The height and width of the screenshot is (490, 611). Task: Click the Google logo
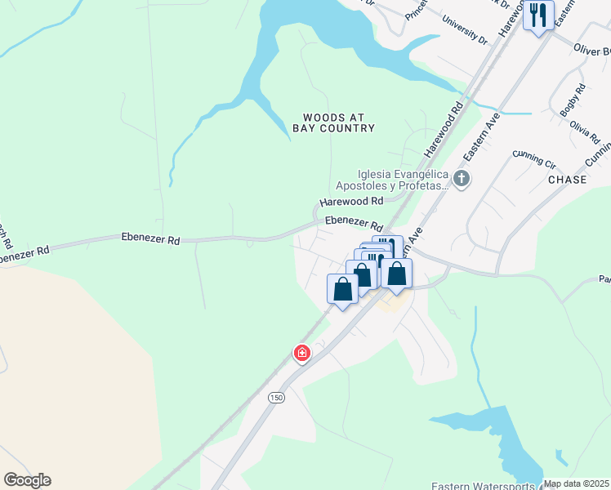28,480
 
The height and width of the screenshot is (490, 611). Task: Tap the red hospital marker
301,353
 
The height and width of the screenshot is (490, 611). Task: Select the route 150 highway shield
274,397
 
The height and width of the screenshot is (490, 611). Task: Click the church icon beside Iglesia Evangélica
462,179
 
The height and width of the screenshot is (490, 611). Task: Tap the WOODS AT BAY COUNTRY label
333,122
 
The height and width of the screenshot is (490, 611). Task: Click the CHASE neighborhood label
567,180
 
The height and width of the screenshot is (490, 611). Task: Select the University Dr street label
463,30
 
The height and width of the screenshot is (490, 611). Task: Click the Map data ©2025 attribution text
576,483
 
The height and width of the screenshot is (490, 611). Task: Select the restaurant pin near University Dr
538,16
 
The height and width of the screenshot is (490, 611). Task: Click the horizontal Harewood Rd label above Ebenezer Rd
351,201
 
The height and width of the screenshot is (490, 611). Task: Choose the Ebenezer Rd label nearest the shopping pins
354,223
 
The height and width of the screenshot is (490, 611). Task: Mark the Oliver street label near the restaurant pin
593,50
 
